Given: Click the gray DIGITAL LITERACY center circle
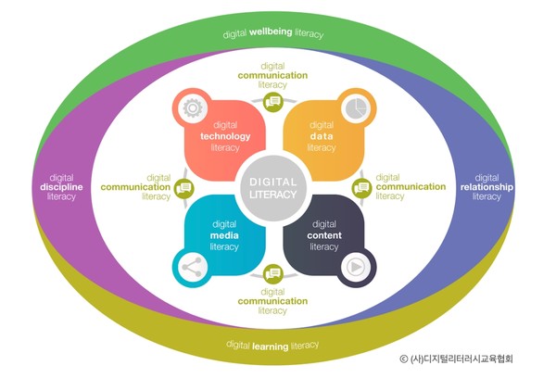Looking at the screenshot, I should tap(273, 186).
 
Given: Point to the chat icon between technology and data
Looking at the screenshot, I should tap(273, 102).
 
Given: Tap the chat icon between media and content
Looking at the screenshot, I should tap(273, 273).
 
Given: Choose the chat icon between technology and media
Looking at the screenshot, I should tap(185, 188).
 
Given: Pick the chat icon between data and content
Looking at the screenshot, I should tap(362, 188).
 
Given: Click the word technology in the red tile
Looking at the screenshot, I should tap(225, 136).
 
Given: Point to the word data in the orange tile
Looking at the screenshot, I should tap(322, 136).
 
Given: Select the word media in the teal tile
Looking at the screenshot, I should tap(225, 235).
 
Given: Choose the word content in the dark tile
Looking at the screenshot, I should tap(323, 235).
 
